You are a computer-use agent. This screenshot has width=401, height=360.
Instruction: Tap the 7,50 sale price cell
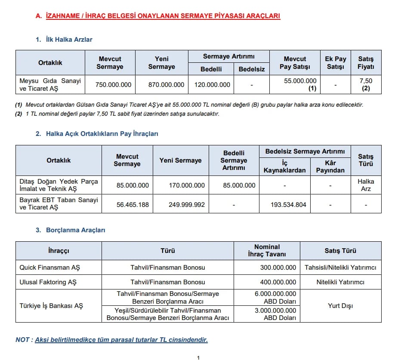[x=366, y=84]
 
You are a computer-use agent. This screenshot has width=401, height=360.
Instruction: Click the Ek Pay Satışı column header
[x=335, y=63]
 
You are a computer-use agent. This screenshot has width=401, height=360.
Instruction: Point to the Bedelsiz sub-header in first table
[x=252, y=69]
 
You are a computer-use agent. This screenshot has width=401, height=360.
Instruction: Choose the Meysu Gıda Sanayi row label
[x=50, y=85]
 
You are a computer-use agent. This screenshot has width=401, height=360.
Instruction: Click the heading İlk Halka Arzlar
[x=69, y=40]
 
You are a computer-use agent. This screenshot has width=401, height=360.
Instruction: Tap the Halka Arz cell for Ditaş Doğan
[x=366, y=185]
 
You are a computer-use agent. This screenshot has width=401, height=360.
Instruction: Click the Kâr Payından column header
[x=330, y=166]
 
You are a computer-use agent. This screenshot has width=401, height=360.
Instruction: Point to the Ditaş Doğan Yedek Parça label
[x=59, y=185]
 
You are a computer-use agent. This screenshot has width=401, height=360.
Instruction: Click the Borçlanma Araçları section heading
[x=75, y=230]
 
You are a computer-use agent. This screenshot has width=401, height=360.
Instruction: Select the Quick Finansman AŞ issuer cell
[x=49, y=268]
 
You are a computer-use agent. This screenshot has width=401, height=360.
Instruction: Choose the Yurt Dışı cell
[x=340, y=306]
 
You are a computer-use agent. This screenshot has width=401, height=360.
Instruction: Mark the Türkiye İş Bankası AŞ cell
[x=51, y=306]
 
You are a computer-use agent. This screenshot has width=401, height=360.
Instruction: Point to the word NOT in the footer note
[x=23, y=340]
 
